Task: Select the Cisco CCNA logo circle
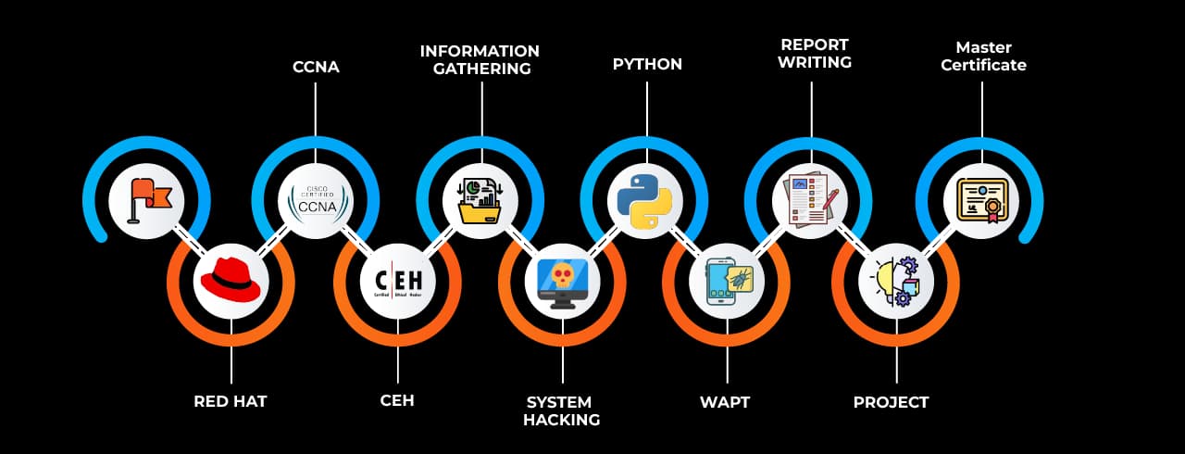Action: [316, 199]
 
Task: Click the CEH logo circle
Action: [398, 281]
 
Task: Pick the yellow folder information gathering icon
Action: [480, 199]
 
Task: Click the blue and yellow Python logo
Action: [644, 199]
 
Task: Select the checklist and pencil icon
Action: [811, 199]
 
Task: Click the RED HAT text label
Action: [231, 402]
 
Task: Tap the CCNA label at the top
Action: [316, 67]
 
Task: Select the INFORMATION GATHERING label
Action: [480, 59]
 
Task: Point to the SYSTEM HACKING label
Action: [561, 410]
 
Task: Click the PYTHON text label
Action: [647, 65]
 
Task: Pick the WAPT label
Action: [724, 402]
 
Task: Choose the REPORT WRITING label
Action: [815, 53]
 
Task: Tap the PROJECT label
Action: [891, 402]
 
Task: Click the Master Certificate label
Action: [983, 57]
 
